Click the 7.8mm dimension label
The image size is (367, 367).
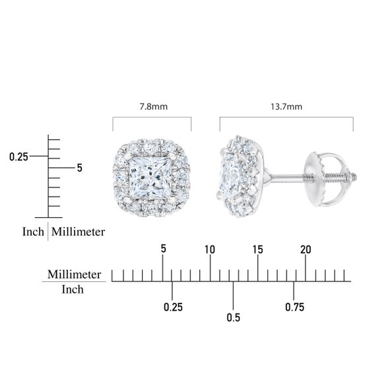154,107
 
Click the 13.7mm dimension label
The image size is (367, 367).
286,107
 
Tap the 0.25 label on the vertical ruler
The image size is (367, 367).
18,156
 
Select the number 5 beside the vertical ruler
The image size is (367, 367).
80,168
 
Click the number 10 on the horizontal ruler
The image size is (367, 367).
210,250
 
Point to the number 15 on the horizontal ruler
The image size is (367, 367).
257,250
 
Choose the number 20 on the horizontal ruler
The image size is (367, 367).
306,250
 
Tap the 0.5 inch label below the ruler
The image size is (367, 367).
234,317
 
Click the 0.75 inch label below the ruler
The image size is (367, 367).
294,307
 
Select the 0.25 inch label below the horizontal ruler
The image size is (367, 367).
173,307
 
